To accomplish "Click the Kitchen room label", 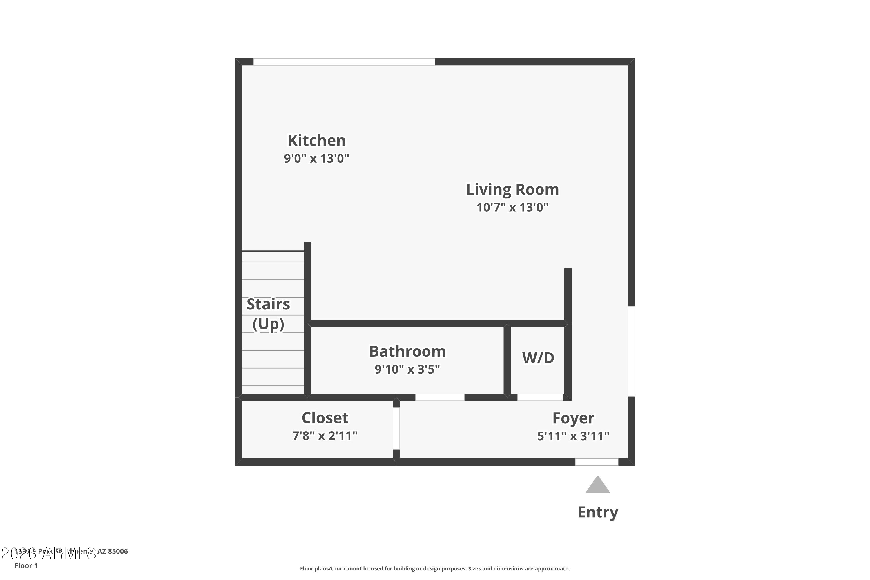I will coord(317,141).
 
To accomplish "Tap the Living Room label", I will coord(512,189).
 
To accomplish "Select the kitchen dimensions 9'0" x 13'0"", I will coord(317,158).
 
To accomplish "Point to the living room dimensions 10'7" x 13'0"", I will coord(512,207).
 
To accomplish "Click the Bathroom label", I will coord(407,351).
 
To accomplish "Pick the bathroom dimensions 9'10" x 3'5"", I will coord(407,369).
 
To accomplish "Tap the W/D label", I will coord(538,358).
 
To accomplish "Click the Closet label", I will coord(325,418).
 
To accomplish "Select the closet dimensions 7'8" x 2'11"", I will coord(325,436).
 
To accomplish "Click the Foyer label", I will coord(573,418).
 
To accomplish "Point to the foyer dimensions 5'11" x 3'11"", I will coord(573,436).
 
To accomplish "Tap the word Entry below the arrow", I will coord(598,512).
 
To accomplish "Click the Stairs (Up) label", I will coord(268,314).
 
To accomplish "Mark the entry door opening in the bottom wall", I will coord(597,462).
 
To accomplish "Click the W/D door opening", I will coord(540,397).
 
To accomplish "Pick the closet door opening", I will coord(396,428).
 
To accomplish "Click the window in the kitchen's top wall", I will coord(344,62).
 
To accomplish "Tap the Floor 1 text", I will coord(26,565).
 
